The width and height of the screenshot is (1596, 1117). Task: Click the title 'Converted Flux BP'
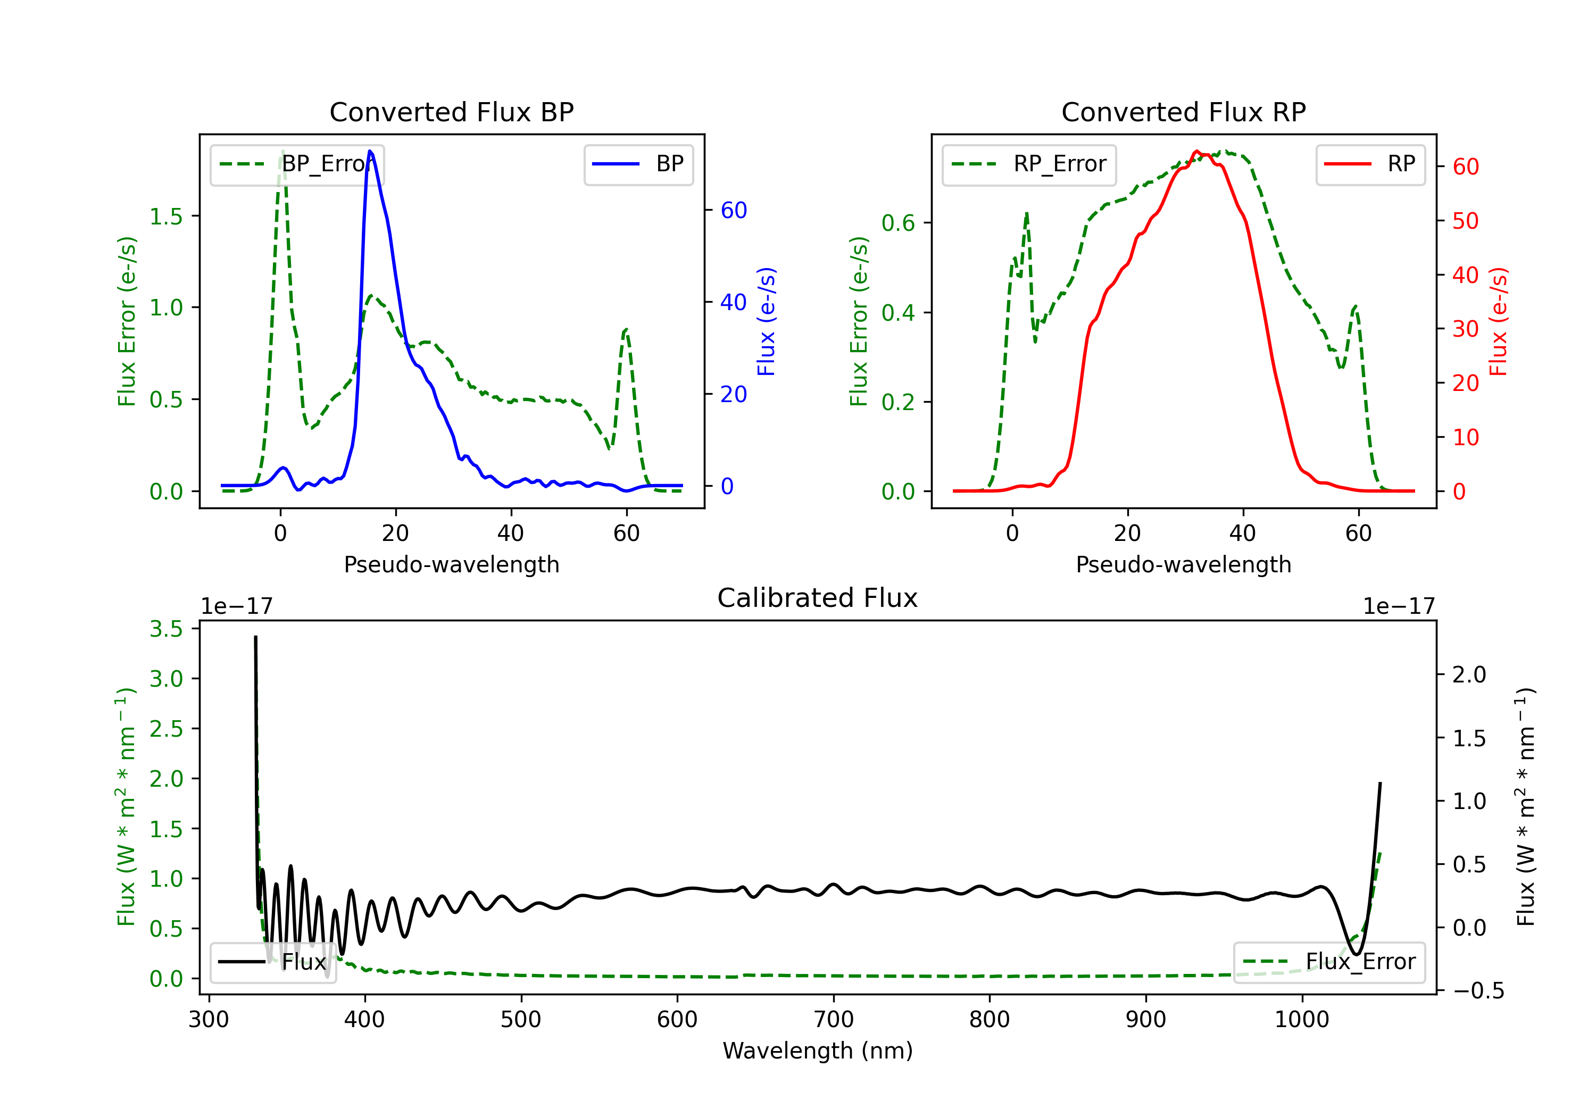pyautogui.click(x=451, y=112)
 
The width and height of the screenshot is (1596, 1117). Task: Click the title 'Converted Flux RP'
pyautogui.click(x=1183, y=112)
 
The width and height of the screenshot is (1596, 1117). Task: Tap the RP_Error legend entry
pyautogui.click(x=1029, y=165)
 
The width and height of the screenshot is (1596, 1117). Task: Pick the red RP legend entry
pyautogui.click(x=1370, y=165)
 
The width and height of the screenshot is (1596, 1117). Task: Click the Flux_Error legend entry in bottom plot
pyautogui.click(x=1329, y=962)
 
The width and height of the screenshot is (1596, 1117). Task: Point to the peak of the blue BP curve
pyautogui.click(x=370, y=151)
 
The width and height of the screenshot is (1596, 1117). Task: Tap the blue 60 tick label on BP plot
pyautogui.click(x=733, y=210)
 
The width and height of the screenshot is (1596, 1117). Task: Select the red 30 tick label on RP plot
pyautogui.click(x=1465, y=329)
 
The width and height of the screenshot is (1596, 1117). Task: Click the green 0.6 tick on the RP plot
pyautogui.click(x=898, y=223)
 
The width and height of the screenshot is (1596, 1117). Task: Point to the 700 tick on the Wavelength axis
pyautogui.click(x=834, y=1020)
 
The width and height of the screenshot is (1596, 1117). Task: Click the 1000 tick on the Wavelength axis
pyautogui.click(x=1301, y=1020)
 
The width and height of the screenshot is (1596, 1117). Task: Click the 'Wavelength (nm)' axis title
pyautogui.click(x=818, y=1051)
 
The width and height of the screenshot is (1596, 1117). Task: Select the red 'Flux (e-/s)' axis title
pyautogui.click(x=1498, y=321)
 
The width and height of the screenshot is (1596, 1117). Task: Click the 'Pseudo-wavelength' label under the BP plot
pyautogui.click(x=451, y=564)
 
